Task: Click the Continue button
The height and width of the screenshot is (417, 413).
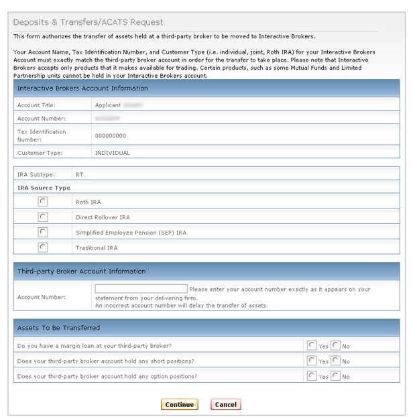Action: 179,404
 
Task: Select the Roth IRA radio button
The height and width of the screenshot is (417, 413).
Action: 43,201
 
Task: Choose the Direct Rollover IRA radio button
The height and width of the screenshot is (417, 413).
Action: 43,217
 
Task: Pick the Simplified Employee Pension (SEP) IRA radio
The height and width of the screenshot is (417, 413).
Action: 43,232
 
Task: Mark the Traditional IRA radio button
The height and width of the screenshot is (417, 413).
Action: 43,247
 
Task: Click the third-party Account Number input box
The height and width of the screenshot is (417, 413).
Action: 141,289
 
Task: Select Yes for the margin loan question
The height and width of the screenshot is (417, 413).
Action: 312,345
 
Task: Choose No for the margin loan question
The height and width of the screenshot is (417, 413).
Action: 335,345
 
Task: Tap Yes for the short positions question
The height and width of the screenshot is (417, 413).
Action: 312,361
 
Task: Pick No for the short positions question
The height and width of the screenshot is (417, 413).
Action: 335,361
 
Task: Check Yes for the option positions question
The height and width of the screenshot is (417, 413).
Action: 312,376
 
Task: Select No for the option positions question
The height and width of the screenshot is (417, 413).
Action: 335,376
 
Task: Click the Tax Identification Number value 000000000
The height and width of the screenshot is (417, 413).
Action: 110,135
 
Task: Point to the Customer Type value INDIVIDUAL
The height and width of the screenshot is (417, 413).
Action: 112,153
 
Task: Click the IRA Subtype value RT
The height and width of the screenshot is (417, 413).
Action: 80,174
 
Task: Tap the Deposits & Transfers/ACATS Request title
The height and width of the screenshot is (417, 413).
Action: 88,22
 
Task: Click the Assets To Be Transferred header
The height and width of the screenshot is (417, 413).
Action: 58,328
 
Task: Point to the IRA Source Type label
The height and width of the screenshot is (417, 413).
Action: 44,188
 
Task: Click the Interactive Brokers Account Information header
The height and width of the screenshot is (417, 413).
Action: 82,88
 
